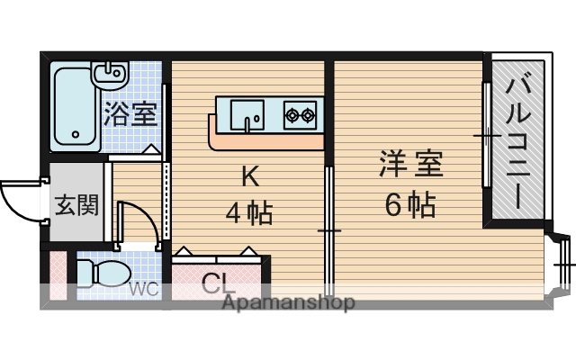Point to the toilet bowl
98,273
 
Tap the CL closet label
218,284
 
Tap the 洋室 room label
410,167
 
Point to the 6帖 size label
410,206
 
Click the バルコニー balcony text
517,141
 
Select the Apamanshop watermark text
288,303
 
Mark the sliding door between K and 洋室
329,225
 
